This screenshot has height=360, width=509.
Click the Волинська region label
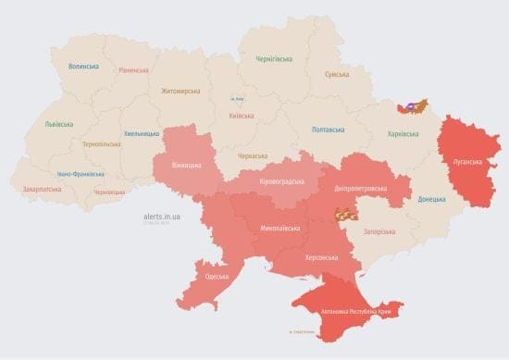84,67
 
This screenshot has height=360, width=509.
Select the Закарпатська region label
43,189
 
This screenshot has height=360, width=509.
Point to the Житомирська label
180,92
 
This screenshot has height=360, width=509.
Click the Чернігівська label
277,59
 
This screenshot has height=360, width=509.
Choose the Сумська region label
337,74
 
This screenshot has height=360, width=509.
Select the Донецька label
430,199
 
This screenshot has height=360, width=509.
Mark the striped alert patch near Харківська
412,106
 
